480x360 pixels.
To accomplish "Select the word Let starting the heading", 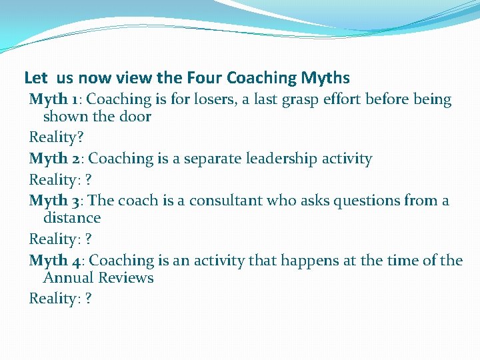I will [x=35, y=78].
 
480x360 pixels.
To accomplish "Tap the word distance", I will [x=72, y=218].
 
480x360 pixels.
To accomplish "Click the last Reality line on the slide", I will [x=61, y=299].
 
